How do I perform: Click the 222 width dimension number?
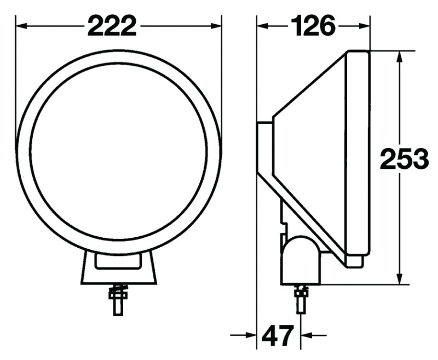tap(112, 26)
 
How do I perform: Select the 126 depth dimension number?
tap(313, 26)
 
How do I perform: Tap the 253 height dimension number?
tap(404, 159)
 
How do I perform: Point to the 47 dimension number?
tap(278, 335)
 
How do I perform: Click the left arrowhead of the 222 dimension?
tap(21, 26)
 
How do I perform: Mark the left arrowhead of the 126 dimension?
tap(262, 26)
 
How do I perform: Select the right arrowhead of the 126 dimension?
tap(365, 26)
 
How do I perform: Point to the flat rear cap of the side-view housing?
tap(264, 148)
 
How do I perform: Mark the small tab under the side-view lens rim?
tap(356, 261)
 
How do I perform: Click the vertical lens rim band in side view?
tap(359, 153)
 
